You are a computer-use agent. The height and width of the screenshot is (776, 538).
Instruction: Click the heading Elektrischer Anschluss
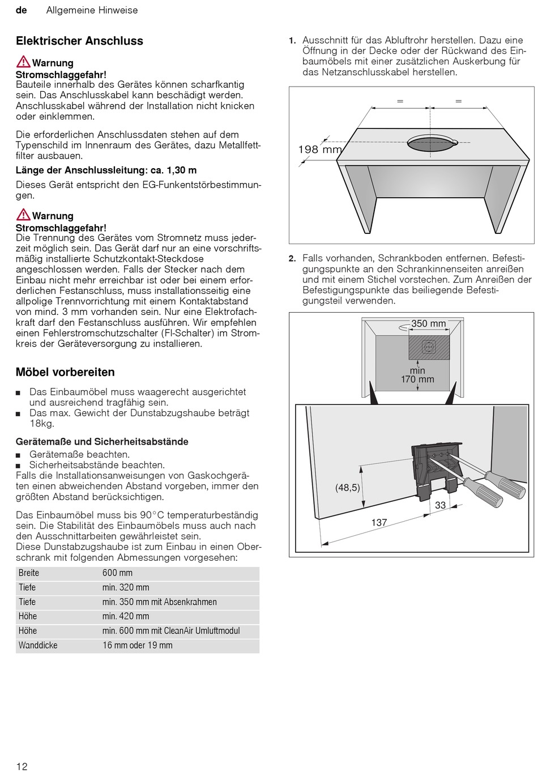[x=79, y=41]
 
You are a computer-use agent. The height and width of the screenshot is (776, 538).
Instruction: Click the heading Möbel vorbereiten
[x=65, y=372]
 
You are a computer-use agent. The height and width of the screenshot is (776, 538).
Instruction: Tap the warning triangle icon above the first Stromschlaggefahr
[x=23, y=62]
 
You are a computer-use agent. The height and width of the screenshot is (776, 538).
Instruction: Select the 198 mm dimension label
[x=319, y=150]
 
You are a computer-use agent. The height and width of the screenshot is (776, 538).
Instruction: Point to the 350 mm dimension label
[x=428, y=323]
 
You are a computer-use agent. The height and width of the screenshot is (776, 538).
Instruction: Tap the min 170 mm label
[x=417, y=375]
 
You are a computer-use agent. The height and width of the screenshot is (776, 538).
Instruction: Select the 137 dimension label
[x=379, y=522]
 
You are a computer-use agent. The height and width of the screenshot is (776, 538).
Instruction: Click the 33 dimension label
[x=440, y=505]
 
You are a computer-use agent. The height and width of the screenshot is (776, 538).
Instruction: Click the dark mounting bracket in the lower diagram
[x=433, y=470]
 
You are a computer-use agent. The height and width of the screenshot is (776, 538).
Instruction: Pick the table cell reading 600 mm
[x=117, y=573]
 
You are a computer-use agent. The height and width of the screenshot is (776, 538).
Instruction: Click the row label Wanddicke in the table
[x=38, y=645]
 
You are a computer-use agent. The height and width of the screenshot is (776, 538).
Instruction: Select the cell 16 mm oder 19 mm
[x=137, y=645]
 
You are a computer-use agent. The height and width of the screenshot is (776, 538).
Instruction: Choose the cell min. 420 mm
[x=125, y=616]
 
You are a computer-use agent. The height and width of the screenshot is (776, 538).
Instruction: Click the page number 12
[x=22, y=766]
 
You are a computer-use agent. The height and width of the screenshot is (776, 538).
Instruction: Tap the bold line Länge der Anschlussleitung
[x=106, y=170]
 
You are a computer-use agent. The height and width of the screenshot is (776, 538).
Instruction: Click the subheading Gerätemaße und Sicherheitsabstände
[x=102, y=441]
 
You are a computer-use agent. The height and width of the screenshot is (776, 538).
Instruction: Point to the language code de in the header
[x=22, y=10]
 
